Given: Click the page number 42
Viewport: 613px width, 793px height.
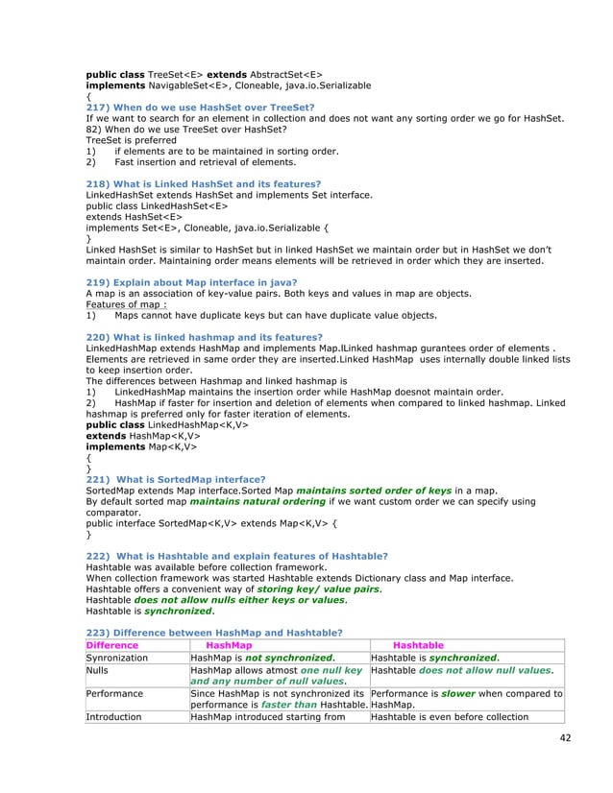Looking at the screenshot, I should (561, 737).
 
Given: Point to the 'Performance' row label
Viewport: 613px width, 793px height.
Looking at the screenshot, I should (114, 692).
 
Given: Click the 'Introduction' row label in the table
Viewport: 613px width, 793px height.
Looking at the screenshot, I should (113, 716).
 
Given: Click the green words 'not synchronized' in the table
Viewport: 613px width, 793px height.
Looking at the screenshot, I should (286, 659).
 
